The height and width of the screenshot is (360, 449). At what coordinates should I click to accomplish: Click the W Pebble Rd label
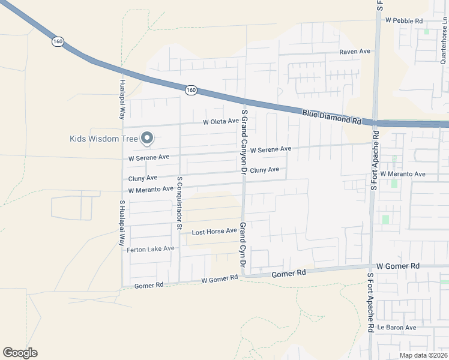point(404,20)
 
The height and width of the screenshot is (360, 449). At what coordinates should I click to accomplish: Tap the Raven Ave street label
point(355,52)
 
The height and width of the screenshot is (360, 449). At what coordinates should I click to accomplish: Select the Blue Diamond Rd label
point(331,116)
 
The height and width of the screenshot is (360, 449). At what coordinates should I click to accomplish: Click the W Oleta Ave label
point(221,121)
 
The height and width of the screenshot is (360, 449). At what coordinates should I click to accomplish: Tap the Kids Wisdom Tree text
point(104,139)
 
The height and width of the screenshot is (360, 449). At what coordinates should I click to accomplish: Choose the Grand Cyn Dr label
point(243,245)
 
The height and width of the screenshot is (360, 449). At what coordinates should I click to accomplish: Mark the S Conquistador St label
point(179,203)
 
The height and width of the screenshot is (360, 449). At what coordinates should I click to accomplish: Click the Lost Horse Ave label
point(214,232)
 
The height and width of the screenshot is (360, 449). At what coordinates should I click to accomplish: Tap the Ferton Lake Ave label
point(150,248)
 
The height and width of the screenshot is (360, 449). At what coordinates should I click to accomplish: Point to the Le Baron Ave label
point(396,328)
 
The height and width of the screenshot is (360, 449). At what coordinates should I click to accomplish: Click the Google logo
point(20,353)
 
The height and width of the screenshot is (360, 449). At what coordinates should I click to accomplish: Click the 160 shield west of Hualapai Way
point(58,41)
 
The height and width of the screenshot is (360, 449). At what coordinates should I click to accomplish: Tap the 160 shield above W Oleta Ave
point(190,90)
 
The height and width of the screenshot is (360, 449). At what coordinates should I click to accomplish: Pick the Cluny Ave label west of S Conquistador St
point(143,178)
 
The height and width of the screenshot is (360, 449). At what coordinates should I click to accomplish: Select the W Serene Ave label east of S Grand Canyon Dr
point(271,149)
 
